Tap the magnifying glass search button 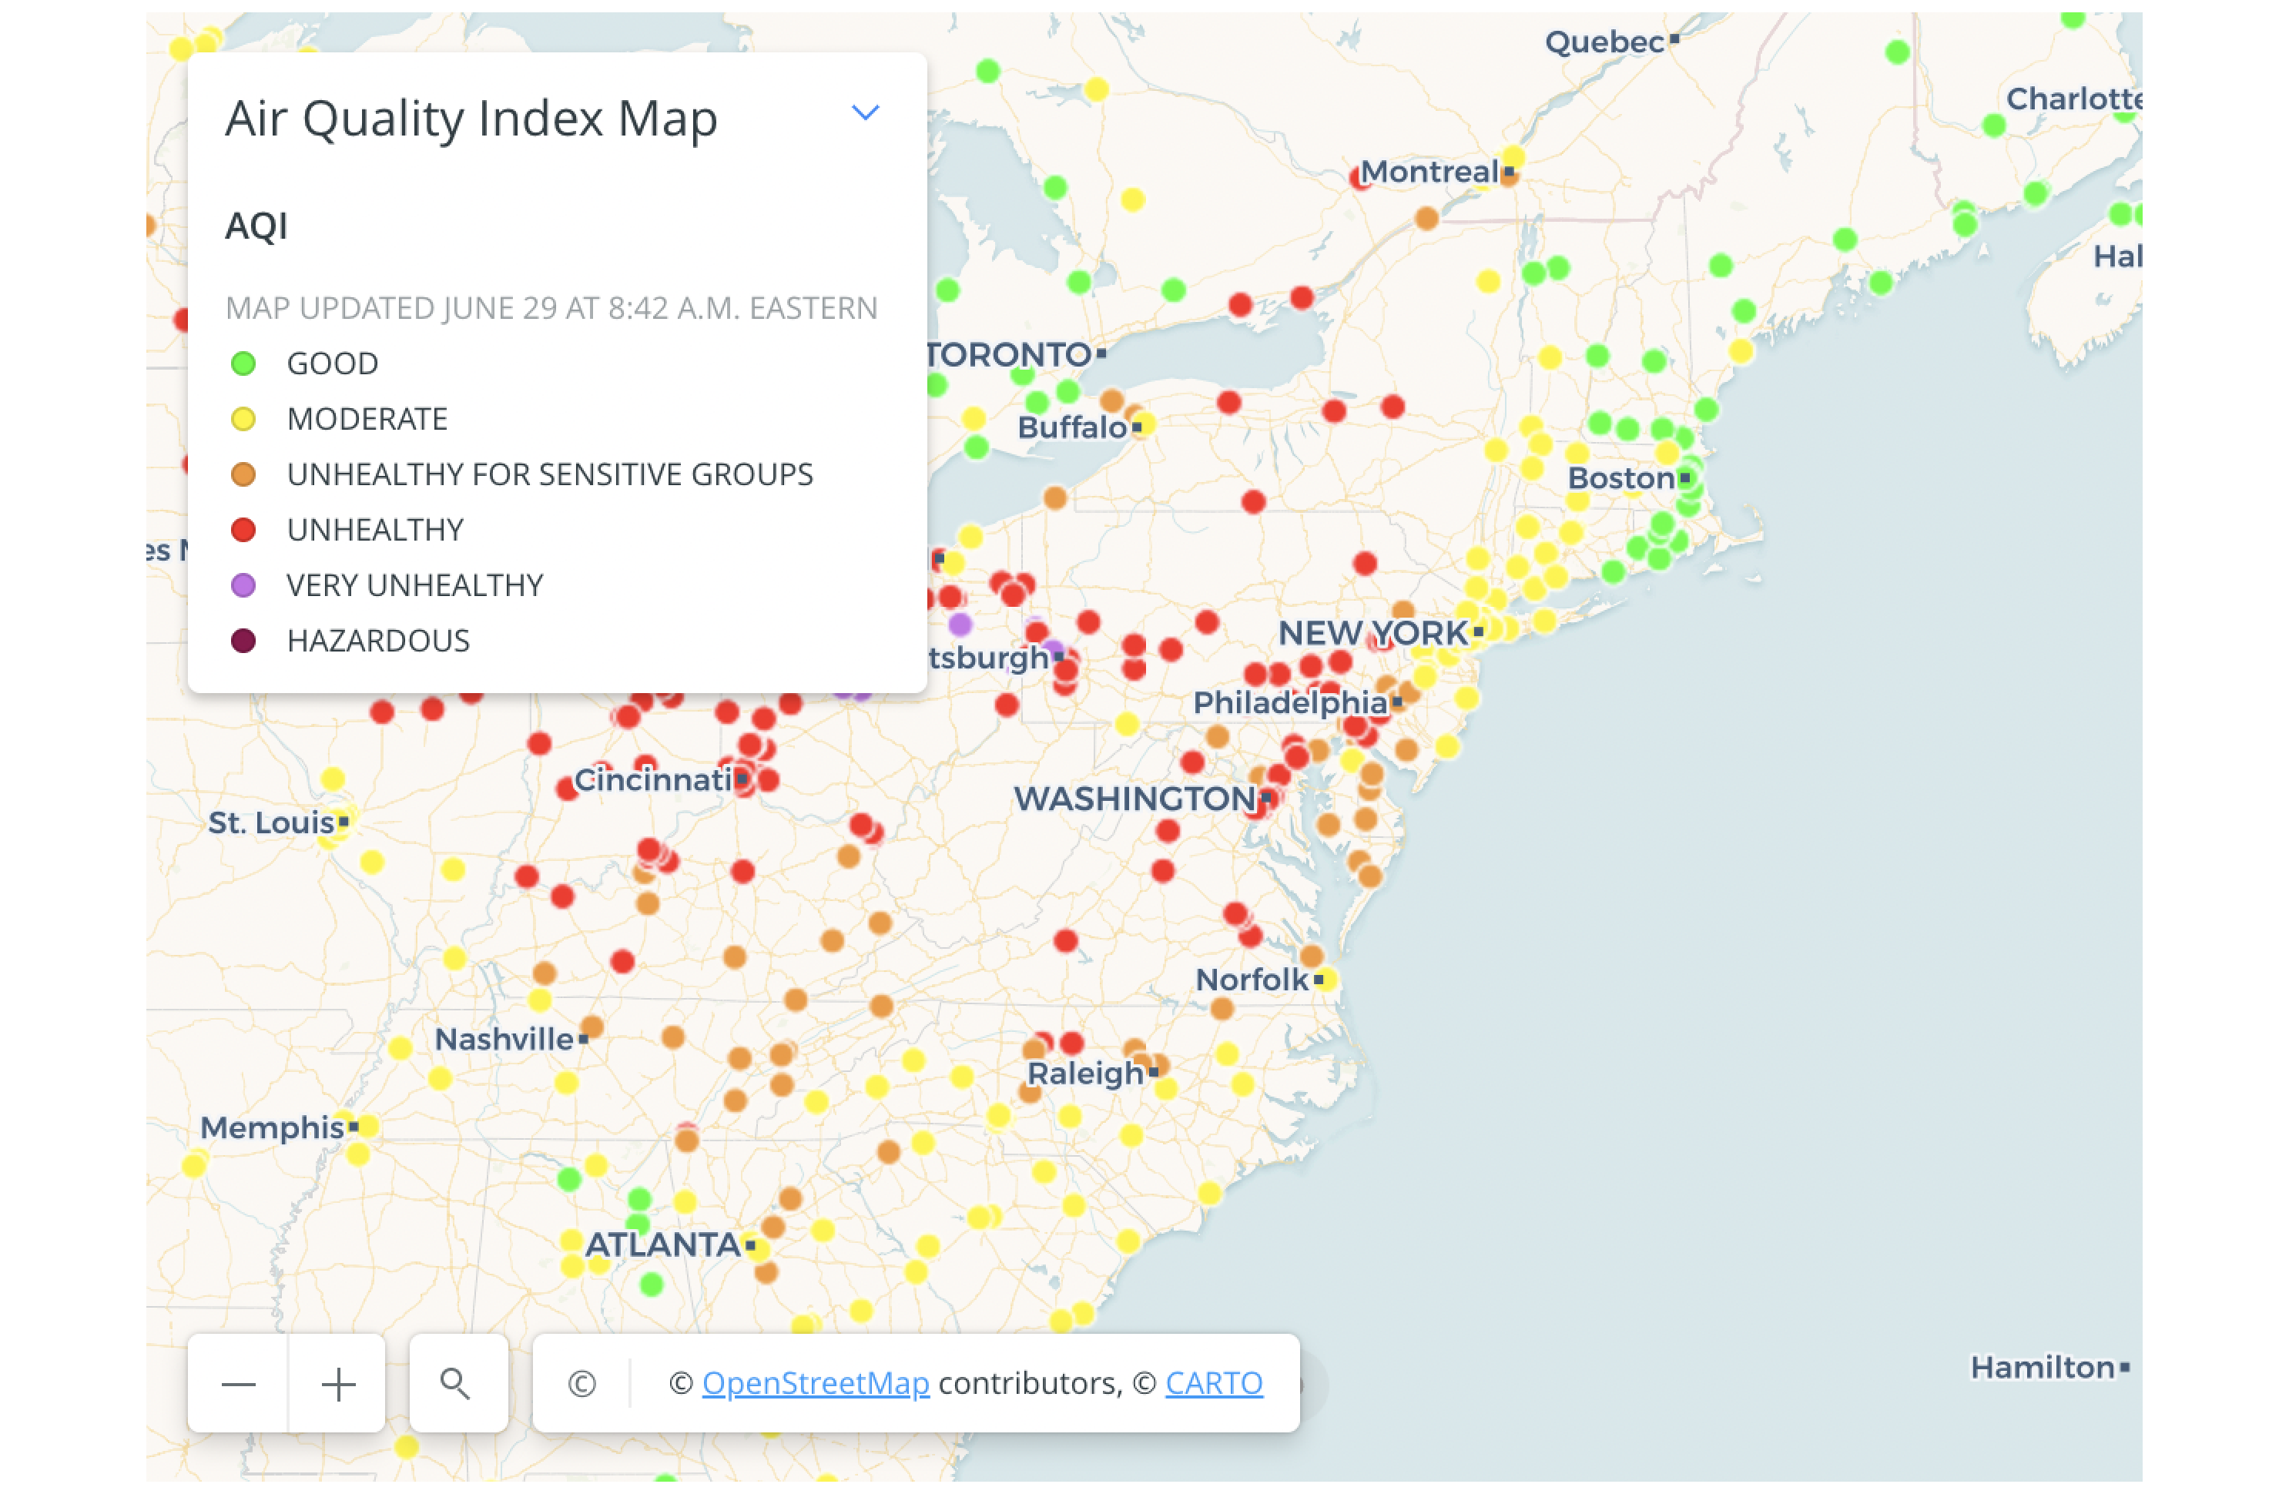tap(457, 1385)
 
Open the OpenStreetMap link tap(815, 1383)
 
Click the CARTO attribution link tap(1214, 1383)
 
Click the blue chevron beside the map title tap(866, 113)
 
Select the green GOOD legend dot tap(243, 364)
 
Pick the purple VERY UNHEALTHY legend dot tap(243, 585)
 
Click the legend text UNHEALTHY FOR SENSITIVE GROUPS tap(549, 475)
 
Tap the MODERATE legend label tap(367, 419)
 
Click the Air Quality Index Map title tap(471, 119)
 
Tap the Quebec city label tap(1604, 42)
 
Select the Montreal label tap(1429, 172)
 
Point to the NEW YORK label tap(1372, 634)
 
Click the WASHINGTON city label tap(1135, 799)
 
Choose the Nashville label tap(504, 1040)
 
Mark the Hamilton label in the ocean tap(2042, 1367)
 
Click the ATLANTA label tap(664, 1245)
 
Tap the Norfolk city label tap(1252, 980)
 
